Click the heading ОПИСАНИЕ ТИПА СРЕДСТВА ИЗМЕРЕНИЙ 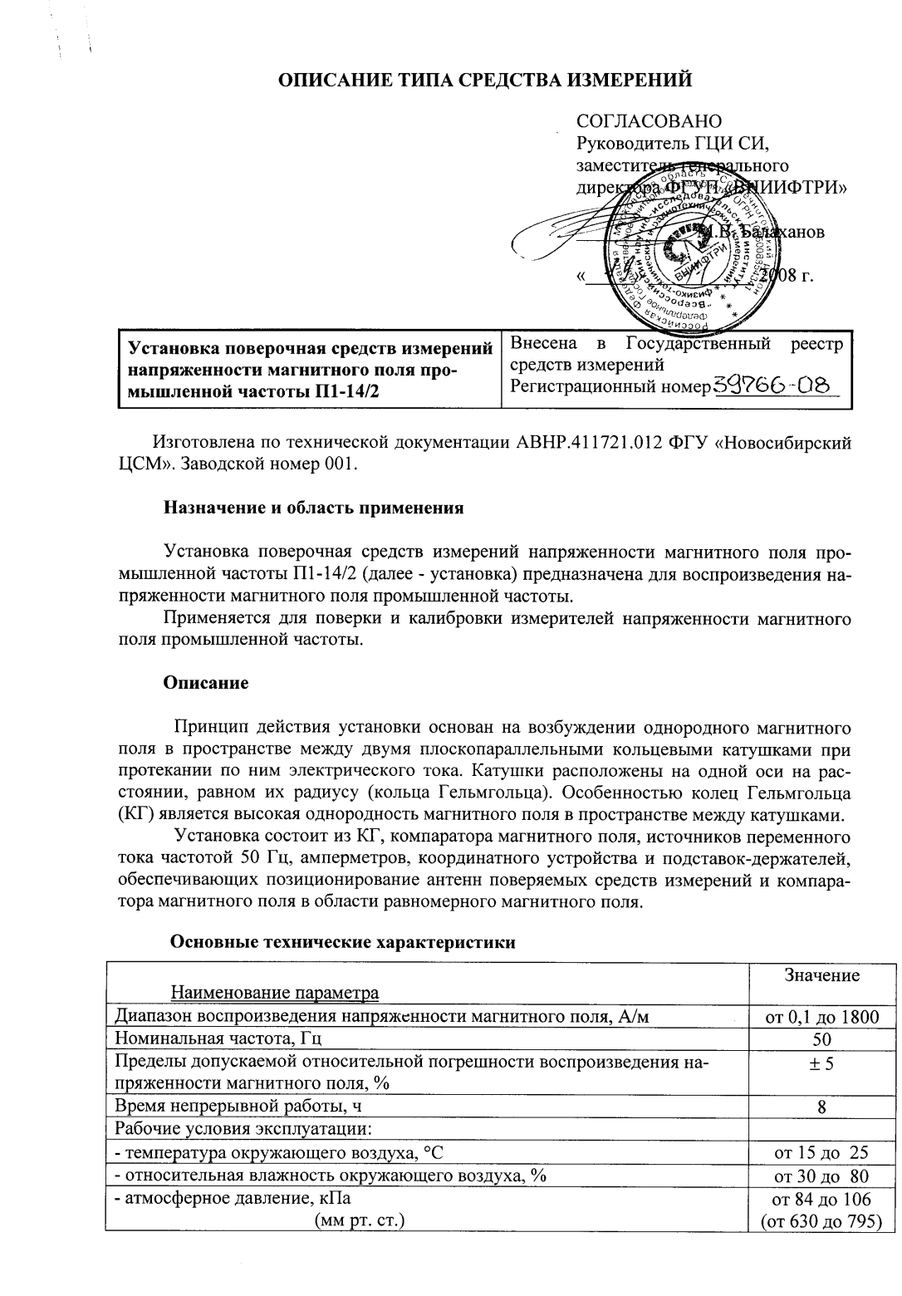coord(484,80)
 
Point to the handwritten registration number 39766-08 coord(776,386)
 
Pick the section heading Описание coord(206,683)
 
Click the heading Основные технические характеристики coord(342,942)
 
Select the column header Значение coord(821,975)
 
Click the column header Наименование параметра coord(275,992)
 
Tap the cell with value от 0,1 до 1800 coord(821,1015)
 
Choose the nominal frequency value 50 coord(821,1038)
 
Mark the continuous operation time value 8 coord(821,1107)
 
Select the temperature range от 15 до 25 coord(821,1152)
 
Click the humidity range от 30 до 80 coord(821,1176)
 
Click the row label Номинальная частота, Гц coord(218,1038)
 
